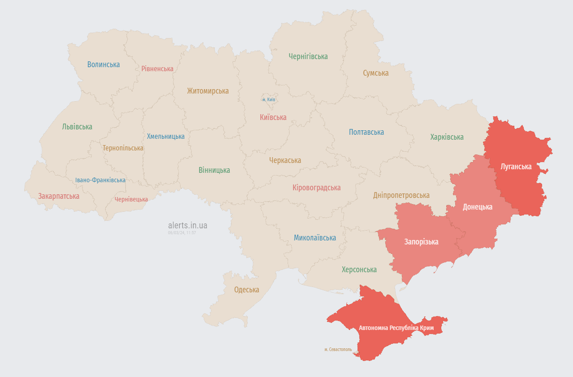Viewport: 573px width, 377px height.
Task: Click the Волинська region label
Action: point(103,64)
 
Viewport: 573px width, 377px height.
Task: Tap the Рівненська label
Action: point(157,69)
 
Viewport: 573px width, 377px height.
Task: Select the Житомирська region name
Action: point(208,91)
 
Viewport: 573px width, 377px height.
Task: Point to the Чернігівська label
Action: point(308,56)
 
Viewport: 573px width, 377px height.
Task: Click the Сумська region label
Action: point(376,73)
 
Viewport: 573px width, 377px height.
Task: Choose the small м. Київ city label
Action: point(269,99)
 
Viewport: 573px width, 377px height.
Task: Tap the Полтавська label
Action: point(366,132)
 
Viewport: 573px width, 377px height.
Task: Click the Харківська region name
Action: point(447,137)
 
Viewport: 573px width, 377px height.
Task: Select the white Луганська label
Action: point(516,167)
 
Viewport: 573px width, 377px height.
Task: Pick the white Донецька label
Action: point(478,207)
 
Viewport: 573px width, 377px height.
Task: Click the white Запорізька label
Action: point(421,242)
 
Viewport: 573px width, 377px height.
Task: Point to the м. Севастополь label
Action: point(338,349)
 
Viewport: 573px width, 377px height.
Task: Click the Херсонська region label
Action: point(359,270)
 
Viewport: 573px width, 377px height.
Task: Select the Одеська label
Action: point(247,290)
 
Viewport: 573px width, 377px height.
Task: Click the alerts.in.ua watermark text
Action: point(188,226)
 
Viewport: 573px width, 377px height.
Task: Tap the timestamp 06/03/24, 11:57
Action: point(182,233)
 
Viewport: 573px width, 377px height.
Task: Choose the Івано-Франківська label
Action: point(100,180)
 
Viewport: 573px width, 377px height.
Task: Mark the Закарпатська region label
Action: point(59,196)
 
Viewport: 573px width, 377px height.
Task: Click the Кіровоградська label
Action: point(316,188)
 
